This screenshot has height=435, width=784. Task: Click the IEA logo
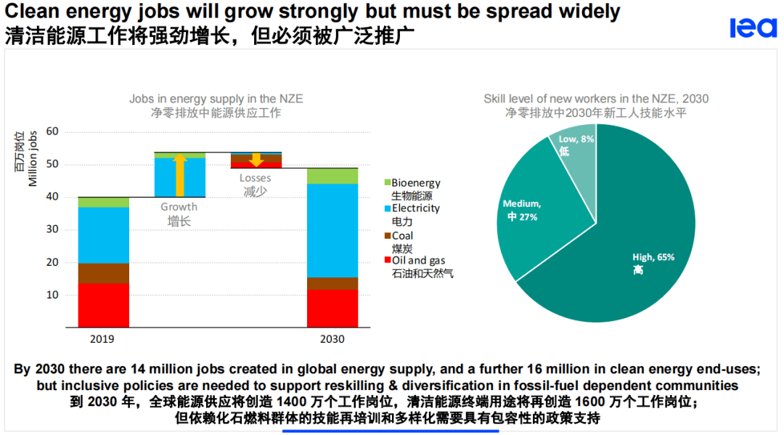tap(753, 28)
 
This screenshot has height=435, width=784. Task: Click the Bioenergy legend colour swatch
tap(387, 183)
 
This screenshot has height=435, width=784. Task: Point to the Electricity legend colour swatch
tap(387, 208)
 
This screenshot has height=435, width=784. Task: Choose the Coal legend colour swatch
tap(387, 235)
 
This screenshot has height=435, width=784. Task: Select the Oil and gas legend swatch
tap(387, 261)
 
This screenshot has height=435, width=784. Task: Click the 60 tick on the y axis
tap(52, 131)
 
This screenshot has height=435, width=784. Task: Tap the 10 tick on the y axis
tap(52, 295)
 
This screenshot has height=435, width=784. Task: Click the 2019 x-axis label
tap(102, 339)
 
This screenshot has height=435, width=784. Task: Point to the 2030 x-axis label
tap(332, 339)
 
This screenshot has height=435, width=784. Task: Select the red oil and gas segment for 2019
tap(103, 305)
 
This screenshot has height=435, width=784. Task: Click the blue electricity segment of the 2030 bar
tap(332, 230)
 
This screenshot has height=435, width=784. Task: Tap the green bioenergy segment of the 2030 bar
tap(332, 176)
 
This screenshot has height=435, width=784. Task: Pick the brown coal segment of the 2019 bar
tap(103, 273)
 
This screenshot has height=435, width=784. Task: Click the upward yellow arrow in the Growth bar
tap(180, 167)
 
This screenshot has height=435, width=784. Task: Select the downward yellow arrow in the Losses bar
tap(256, 160)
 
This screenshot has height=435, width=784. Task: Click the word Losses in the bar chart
tap(256, 178)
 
